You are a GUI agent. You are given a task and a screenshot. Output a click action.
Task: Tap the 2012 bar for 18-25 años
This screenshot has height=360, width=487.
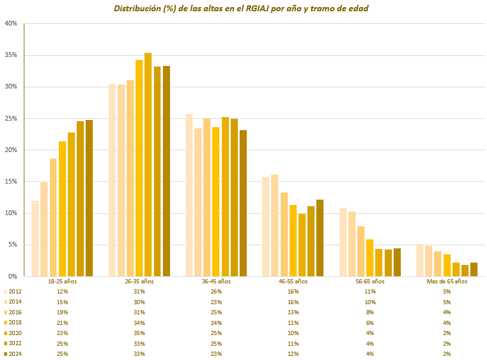(35, 238)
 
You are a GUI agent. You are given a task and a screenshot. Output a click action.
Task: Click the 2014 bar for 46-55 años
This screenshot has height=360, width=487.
(275, 225)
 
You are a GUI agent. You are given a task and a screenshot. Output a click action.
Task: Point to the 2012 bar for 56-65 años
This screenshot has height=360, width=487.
(343, 242)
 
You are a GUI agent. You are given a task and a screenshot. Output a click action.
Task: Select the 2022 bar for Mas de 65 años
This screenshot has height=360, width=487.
(465, 270)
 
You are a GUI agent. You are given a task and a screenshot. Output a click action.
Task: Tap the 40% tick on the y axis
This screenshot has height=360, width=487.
(11, 24)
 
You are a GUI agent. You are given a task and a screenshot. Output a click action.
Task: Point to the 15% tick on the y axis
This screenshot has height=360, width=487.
(11, 182)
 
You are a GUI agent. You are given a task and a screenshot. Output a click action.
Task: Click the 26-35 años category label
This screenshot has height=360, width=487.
(139, 282)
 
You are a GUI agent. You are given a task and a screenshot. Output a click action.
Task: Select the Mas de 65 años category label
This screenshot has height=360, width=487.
(447, 282)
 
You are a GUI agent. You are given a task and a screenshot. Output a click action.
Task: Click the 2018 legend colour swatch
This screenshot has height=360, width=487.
(5, 323)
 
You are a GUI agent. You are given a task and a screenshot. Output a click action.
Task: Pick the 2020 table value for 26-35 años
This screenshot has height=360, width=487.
(139, 333)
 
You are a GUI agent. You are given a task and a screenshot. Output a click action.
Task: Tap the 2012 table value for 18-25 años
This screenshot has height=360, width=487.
(62, 292)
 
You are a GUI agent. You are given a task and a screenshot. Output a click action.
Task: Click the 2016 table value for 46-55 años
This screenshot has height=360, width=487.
(293, 312)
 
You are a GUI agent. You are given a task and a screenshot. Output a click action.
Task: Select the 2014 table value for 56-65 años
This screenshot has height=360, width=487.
(370, 302)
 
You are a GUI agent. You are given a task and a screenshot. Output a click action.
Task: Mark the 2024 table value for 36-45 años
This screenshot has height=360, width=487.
(216, 354)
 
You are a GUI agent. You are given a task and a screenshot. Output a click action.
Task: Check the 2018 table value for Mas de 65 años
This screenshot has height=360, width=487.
(447, 323)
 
